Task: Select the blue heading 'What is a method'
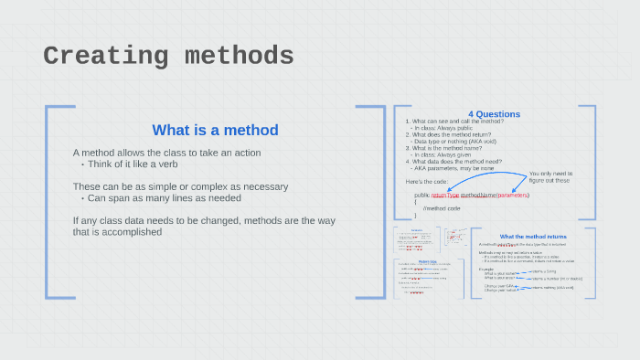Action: point(215,130)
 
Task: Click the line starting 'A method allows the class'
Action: point(166,153)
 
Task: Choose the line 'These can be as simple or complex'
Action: point(180,186)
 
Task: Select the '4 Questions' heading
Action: point(494,114)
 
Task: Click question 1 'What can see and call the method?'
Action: point(457,122)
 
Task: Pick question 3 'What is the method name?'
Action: point(448,148)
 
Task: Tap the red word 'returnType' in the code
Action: point(445,196)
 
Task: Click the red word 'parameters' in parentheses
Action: point(513,196)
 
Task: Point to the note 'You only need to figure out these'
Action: point(549,176)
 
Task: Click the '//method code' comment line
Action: point(442,208)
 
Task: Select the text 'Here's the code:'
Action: point(426,182)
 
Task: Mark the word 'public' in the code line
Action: point(421,196)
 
